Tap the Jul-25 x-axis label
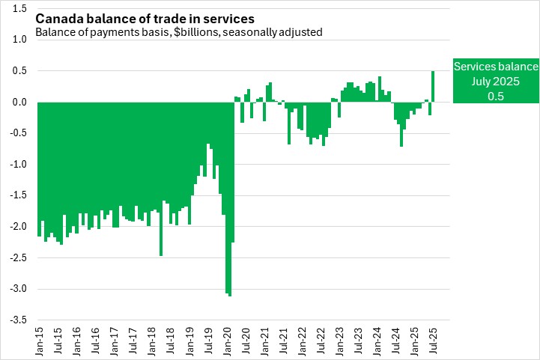[x=433, y=338]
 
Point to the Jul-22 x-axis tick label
[x=321, y=338]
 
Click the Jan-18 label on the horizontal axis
[x=152, y=338]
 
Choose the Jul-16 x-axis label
[x=95, y=338]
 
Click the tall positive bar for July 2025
[x=433, y=86]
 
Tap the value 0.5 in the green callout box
[x=496, y=97]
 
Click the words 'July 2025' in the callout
[x=496, y=82]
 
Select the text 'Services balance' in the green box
[x=496, y=67]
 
